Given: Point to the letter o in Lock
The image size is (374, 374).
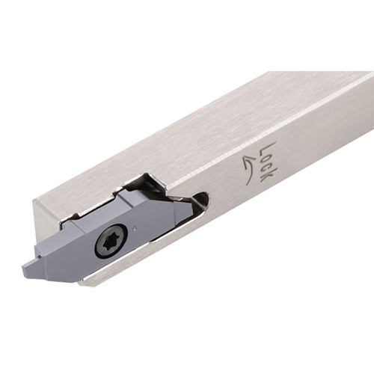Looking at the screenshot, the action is coord(266,159).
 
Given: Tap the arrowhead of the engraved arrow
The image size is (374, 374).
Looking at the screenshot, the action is coord(247,159).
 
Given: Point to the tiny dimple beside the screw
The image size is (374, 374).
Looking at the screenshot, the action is coord(135,227).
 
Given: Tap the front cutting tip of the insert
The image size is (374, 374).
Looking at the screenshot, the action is coord(25,269).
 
